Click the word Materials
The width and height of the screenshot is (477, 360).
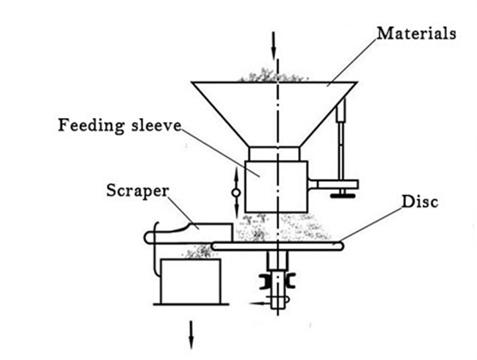(417, 33)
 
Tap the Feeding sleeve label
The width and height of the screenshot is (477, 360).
(120, 125)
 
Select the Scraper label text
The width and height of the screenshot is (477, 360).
(137, 191)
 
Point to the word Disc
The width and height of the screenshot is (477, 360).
(420, 202)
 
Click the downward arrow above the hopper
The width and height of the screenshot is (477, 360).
(274, 45)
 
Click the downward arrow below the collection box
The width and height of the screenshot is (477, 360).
(192, 335)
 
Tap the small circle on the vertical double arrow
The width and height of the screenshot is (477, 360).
(236, 193)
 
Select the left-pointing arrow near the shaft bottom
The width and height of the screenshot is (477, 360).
(260, 303)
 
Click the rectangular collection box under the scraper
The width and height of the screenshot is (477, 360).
(191, 282)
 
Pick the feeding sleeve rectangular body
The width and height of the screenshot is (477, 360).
(276, 187)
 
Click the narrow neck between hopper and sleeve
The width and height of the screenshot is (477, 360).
(274, 153)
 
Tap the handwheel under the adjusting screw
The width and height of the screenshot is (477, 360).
(343, 196)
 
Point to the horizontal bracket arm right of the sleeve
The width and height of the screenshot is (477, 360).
(333, 185)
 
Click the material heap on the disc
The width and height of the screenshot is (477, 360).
(283, 227)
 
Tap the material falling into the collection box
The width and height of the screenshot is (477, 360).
(198, 251)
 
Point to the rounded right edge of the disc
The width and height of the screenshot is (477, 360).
(342, 246)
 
